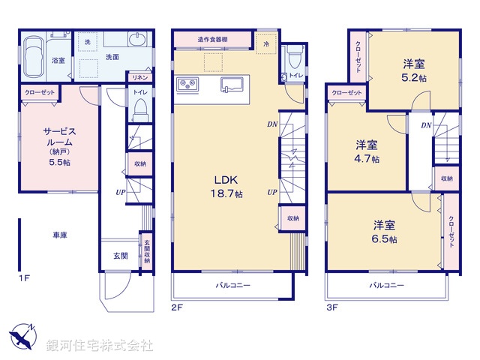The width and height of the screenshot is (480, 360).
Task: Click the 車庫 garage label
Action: [x=60, y=235]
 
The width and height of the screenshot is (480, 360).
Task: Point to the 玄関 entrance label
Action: [x=120, y=256]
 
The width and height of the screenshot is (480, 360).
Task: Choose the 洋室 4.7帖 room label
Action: [x=367, y=151]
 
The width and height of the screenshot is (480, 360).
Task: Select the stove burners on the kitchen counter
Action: [x=187, y=83]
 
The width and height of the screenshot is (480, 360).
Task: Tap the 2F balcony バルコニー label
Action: [x=233, y=285]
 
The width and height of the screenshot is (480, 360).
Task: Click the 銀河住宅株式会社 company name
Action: [x=100, y=345]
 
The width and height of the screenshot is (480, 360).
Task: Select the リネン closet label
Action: [x=139, y=77]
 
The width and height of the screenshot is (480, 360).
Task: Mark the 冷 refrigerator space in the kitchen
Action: [x=265, y=43]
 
